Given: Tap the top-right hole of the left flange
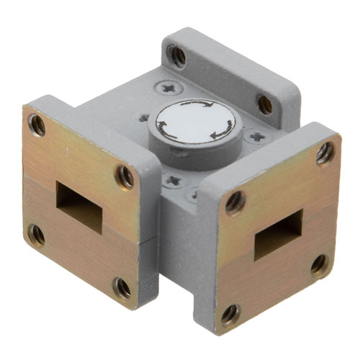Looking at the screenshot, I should [x=127, y=174].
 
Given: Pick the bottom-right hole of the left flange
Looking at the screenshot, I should [x=123, y=288].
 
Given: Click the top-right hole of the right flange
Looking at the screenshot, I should [x=325, y=152].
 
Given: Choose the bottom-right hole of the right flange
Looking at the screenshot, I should [x=319, y=264].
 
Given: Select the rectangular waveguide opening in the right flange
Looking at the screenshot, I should [x=277, y=235].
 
